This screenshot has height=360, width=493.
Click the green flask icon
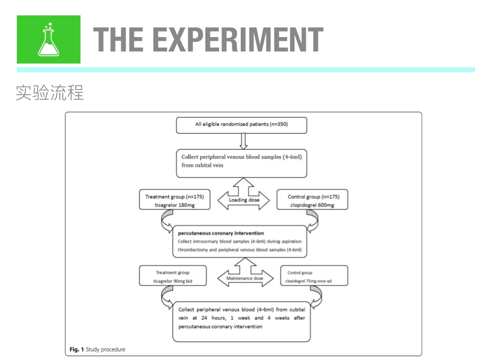[49, 39]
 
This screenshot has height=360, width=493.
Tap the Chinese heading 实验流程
[50, 92]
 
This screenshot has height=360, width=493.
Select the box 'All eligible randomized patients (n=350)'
[242, 125]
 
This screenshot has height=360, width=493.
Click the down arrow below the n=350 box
[243, 141]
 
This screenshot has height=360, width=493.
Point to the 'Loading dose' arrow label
[244, 200]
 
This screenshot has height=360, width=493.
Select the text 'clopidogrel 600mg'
[311, 206]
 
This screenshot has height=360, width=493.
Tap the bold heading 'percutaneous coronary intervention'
[221, 233]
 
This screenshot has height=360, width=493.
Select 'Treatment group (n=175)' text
[174, 197]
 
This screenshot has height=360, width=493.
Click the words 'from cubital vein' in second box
[203, 165]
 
